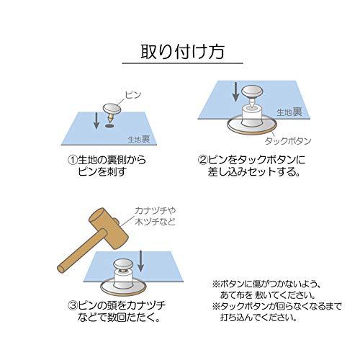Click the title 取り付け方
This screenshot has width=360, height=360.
pos(182,52)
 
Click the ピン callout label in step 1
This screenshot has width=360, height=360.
pos(133,95)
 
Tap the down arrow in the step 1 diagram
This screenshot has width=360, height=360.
pos(96,120)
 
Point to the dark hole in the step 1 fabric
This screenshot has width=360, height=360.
pos(109,126)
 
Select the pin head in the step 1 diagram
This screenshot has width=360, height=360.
pos(111,109)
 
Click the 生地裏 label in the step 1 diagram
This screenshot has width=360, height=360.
pos(139,139)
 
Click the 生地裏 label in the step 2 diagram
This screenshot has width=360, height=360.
pos(289,112)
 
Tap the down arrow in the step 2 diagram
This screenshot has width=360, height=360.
pos(236,92)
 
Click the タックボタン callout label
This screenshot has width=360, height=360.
pos(288,141)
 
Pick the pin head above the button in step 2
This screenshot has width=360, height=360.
pos(252,92)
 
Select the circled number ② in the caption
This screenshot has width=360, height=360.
pos(202,160)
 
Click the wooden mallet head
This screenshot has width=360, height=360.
pos(109,228)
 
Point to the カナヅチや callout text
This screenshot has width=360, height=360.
pos(156,211)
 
